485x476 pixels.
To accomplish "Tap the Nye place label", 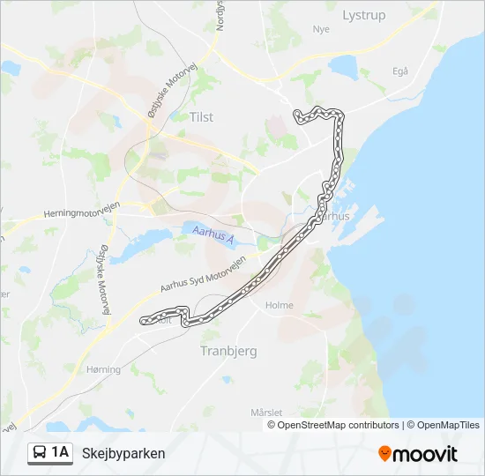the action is [320, 29].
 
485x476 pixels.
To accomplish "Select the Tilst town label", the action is [201, 116].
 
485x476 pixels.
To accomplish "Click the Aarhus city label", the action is [333, 215].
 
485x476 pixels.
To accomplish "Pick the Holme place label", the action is [279, 305].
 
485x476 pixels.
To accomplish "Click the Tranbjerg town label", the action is [228, 350].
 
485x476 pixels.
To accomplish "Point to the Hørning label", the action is [103, 370].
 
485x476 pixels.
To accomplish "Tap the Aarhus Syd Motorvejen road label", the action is [201, 272].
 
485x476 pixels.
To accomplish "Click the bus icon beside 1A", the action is [40, 453].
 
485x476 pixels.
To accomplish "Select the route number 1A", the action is [60, 453].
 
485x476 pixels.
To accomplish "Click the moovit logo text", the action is [425, 454].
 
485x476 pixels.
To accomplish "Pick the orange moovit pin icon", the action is [384, 454].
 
